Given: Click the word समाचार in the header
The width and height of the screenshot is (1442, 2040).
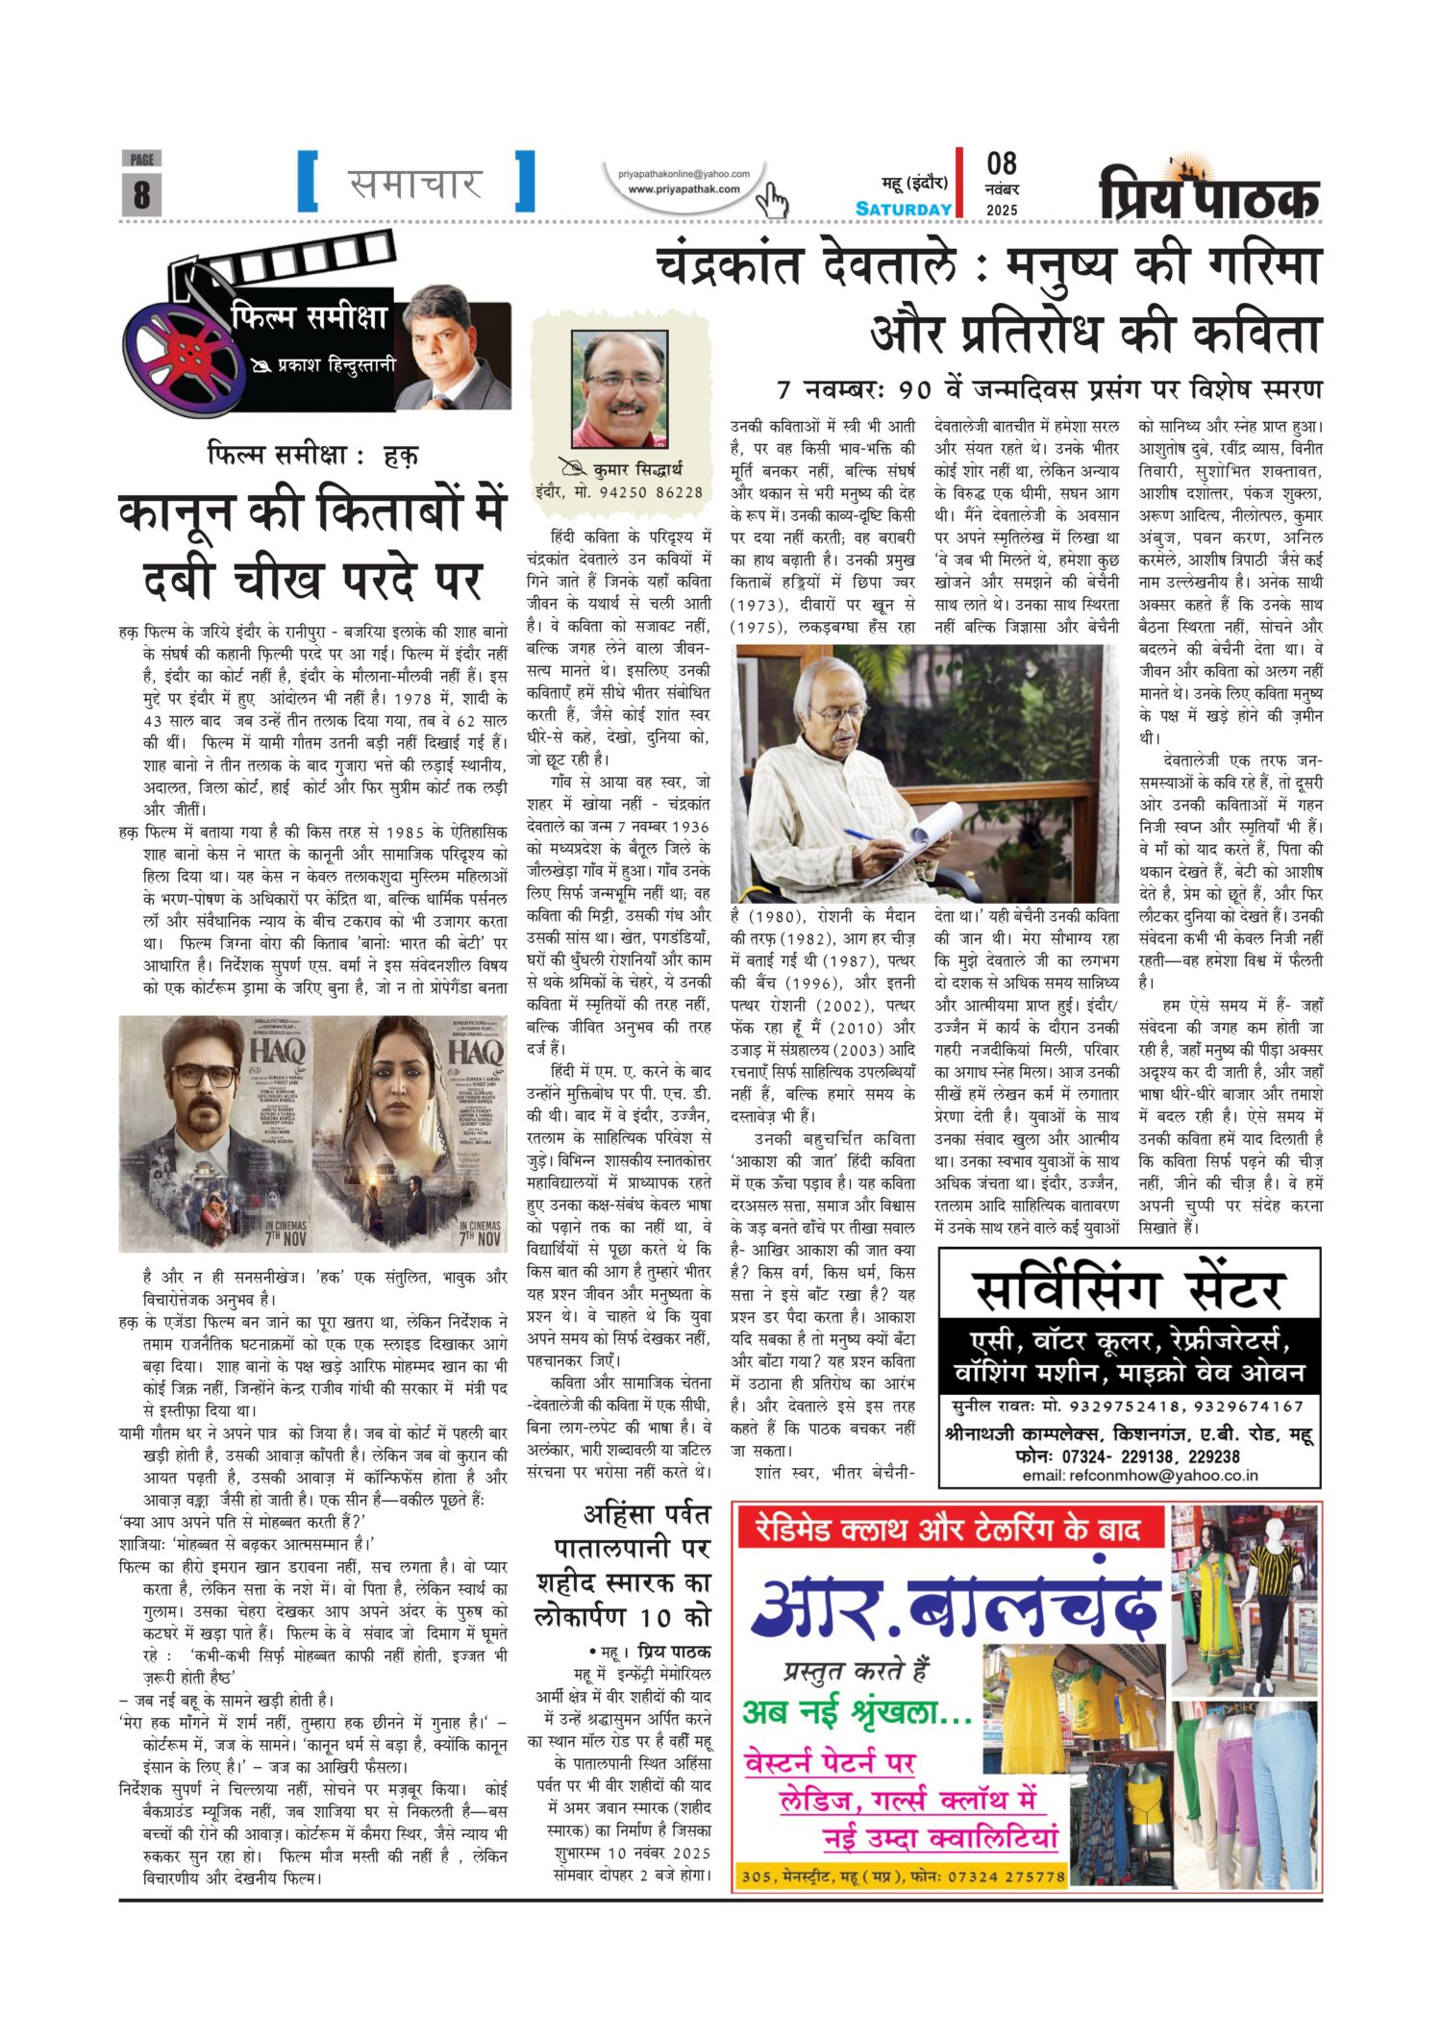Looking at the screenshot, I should (x=415, y=183).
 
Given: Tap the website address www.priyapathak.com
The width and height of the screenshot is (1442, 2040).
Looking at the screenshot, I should (x=684, y=189).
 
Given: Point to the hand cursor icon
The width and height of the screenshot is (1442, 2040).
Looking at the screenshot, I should (x=772, y=200).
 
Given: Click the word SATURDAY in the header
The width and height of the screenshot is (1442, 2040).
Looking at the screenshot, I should (x=904, y=210).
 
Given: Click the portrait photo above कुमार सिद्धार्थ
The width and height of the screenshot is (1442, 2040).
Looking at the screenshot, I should (x=619, y=389).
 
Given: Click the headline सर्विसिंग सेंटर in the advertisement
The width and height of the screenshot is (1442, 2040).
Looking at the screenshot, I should (x=1129, y=1290).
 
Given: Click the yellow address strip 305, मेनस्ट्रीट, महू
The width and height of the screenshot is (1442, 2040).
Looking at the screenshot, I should (x=903, y=1876).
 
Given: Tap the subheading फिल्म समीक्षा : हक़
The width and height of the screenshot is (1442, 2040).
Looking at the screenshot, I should (x=312, y=455).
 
